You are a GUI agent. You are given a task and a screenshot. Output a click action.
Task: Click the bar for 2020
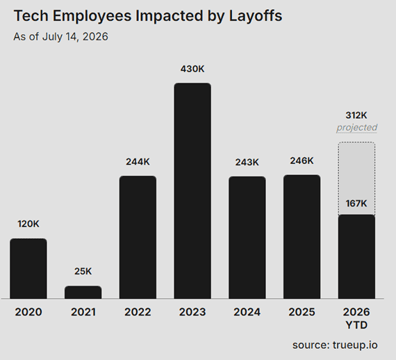pyautogui.click(x=28, y=268)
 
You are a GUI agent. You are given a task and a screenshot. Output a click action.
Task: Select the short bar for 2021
pyautogui.click(x=83, y=293)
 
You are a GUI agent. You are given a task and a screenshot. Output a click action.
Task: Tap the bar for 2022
pyautogui.click(x=138, y=237)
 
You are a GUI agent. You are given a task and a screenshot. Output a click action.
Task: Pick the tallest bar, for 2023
pyautogui.click(x=192, y=190)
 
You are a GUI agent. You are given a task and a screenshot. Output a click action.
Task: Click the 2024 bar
pyautogui.click(x=247, y=238)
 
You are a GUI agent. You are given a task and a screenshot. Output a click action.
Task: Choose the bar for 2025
pyautogui.click(x=302, y=237)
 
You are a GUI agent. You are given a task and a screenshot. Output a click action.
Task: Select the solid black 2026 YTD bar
pyautogui.click(x=356, y=256)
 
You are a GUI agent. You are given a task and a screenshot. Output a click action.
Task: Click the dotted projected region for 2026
pyautogui.click(x=356, y=179)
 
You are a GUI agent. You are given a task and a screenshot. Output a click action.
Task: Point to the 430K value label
pyautogui.click(x=192, y=69)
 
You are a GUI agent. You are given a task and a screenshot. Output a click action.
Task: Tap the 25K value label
pyautogui.click(x=83, y=271)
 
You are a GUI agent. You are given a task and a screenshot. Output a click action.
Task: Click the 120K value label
pyautogui.click(x=28, y=224)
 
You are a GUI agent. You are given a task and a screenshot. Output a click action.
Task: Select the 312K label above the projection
pyautogui.click(x=356, y=115)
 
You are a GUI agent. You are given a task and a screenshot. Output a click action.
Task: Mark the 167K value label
pyautogui.click(x=356, y=204)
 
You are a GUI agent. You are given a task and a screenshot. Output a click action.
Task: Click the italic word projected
pyautogui.click(x=356, y=128)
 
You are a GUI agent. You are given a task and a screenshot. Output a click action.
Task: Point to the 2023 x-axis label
pyautogui.click(x=192, y=312)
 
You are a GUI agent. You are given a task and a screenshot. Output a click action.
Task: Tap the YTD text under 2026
pyautogui.click(x=356, y=325)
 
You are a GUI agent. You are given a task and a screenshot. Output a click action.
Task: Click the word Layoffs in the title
pyautogui.click(x=256, y=16)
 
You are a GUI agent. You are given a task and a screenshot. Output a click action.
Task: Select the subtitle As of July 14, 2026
pyautogui.click(x=60, y=37)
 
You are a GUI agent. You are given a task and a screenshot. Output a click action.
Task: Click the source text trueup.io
pyautogui.click(x=355, y=345)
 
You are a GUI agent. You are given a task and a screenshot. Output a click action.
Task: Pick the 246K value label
pyautogui.click(x=302, y=161)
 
